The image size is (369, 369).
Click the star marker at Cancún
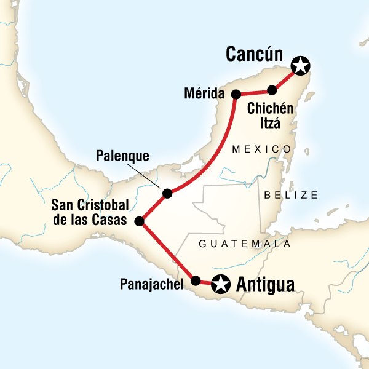tap(300, 64)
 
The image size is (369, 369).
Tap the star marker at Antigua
tap(220, 284)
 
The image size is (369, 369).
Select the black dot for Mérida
tap(236, 94)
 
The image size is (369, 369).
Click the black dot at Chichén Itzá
tap(272, 90)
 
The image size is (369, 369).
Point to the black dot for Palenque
tap(167, 194)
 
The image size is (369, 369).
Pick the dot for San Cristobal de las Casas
tap(140, 221)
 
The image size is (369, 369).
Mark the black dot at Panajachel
tap(196, 281)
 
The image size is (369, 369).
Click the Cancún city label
tap(254, 55)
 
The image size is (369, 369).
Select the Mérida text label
tap(206, 94)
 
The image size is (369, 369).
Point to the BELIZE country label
tap(291, 195)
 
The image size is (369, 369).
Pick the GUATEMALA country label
tap(244, 244)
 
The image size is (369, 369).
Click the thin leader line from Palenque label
tap(151, 177)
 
